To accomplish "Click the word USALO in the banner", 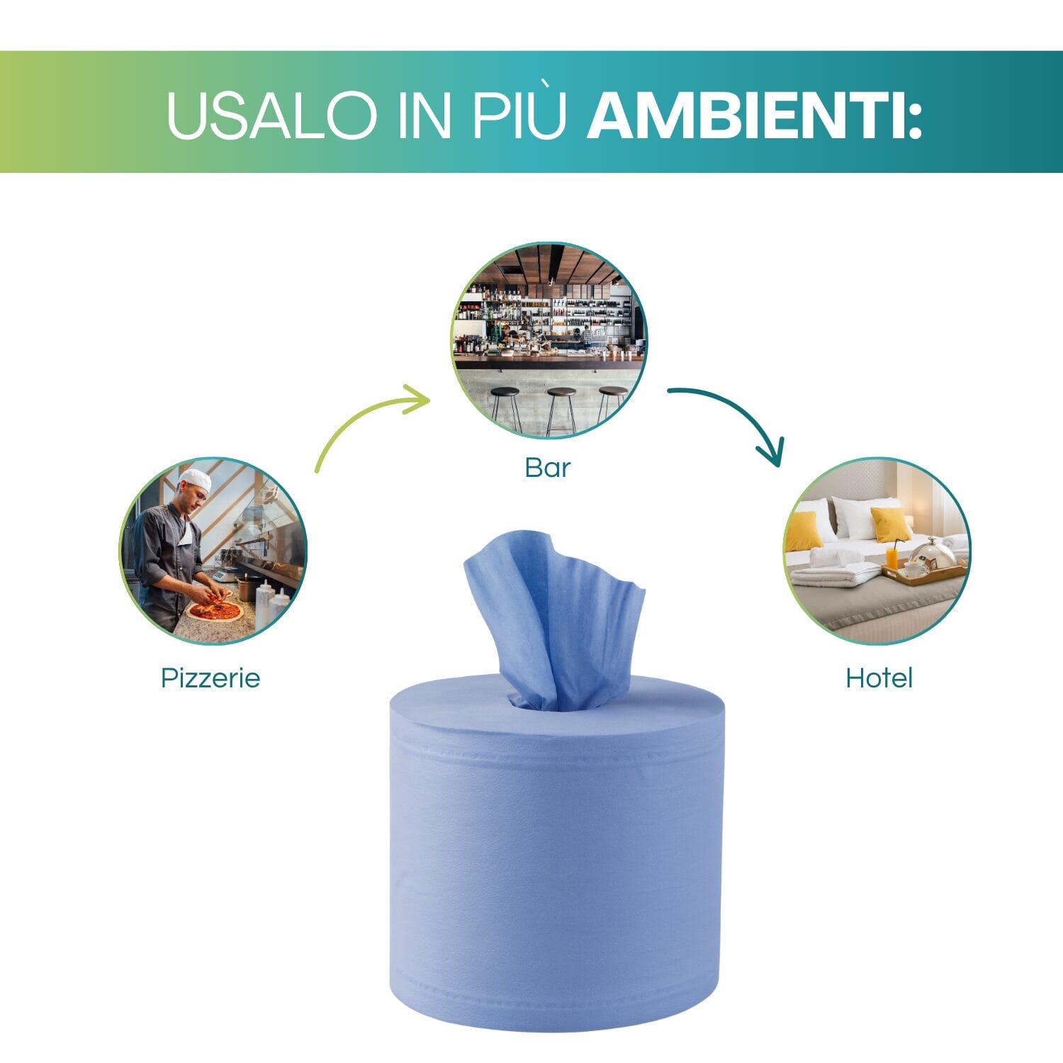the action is click(271, 114).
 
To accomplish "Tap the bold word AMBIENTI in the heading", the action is click(755, 114).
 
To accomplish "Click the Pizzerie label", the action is click(210, 678).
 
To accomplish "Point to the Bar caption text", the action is click(547, 468).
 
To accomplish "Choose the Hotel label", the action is click(879, 678).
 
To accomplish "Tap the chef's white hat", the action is click(195, 480).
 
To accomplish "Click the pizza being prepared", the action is click(215, 610).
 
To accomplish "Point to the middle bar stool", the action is click(561, 409).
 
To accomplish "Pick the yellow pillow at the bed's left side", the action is click(804, 531).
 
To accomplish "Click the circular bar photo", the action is click(549, 341).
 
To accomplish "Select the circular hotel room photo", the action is click(877, 551).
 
